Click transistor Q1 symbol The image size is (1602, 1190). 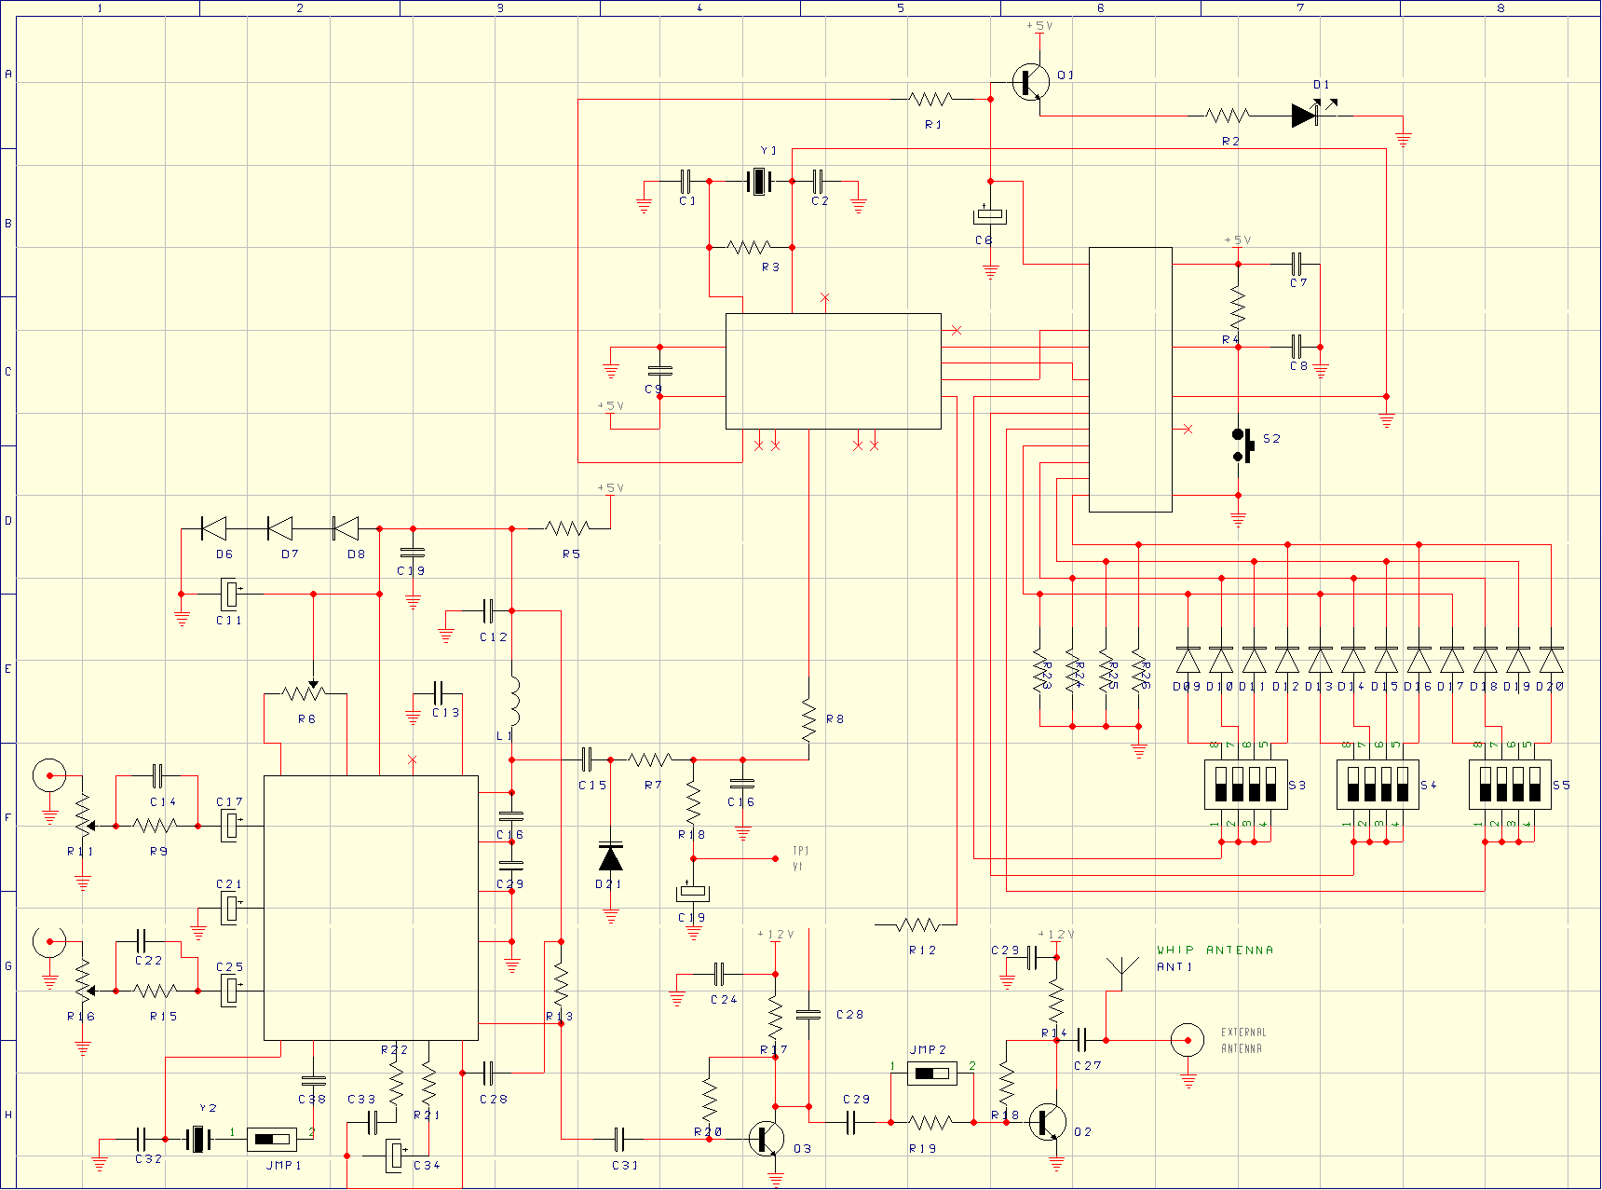point(1032,82)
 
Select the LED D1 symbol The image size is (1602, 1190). point(1306,116)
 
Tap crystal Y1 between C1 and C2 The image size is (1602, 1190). point(760,181)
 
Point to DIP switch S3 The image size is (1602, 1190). point(1245,784)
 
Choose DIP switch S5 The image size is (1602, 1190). point(1510,784)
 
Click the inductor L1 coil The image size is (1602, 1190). point(513,701)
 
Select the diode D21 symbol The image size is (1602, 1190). point(611,857)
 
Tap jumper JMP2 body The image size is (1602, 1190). point(931,1074)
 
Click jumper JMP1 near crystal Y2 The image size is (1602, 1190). point(272,1139)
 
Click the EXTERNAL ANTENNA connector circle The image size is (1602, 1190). point(1187,1040)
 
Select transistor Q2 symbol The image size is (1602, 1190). point(1051,1122)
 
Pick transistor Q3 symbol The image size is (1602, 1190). point(767,1139)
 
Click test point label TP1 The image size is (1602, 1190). point(800,851)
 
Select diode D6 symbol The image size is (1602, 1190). point(214,528)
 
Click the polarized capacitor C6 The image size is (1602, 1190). point(990,216)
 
